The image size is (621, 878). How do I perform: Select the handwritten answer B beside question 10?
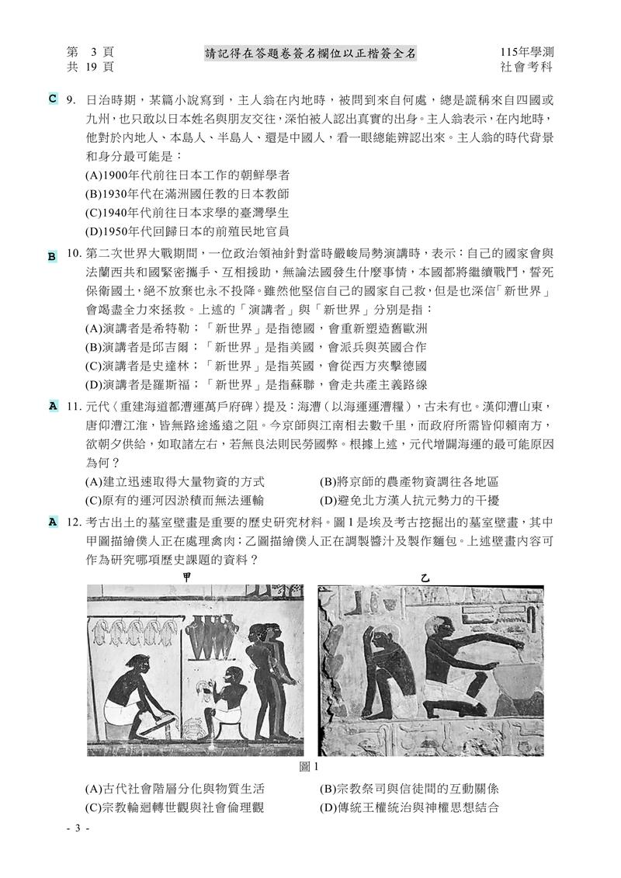52,256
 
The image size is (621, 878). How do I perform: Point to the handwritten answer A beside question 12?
52,522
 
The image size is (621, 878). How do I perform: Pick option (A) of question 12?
180,789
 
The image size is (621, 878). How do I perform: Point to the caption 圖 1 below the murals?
310,767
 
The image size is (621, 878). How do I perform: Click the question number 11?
75,406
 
